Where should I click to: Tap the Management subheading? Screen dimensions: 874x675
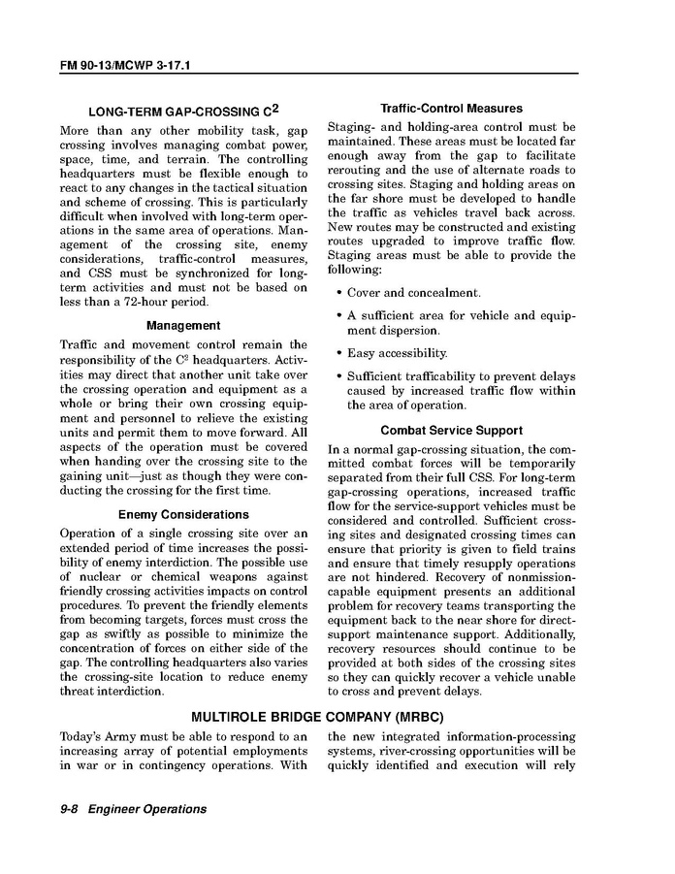point(183,326)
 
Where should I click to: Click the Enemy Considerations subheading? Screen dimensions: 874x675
point(183,514)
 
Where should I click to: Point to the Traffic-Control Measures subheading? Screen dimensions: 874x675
point(451,109)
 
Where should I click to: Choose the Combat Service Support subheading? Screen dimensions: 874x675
point(451,430)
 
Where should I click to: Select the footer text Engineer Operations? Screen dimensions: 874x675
point(146,809)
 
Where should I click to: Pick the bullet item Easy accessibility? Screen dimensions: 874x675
point(398,353)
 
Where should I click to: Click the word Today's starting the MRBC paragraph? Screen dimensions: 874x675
point(84,736)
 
